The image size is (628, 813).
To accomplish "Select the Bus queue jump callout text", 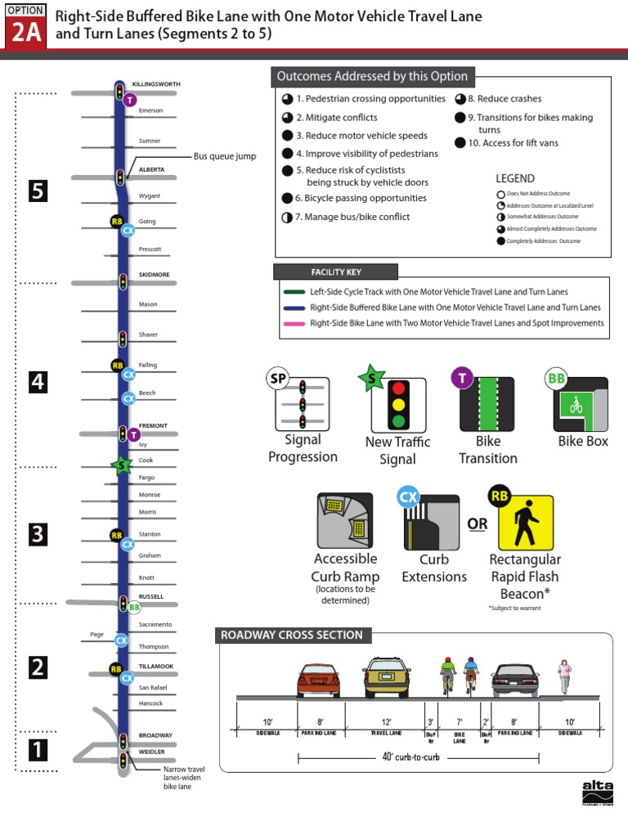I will [x=225, y=155].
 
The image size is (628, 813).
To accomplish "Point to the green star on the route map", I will [x=122, y=465].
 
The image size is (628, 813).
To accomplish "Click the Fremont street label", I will [x=153, y=425].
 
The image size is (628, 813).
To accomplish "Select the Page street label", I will [x=96, y=634].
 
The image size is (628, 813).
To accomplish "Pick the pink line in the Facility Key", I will [x=295, y=323].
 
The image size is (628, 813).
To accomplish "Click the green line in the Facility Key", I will [x=295, y=291].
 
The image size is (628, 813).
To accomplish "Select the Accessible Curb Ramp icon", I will [x=344, y=520].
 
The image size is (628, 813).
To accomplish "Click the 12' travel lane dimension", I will [x=386, y=721].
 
